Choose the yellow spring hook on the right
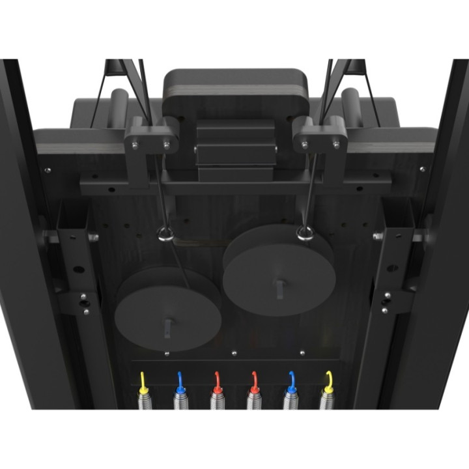pos(328,382)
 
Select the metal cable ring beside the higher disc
pos(304,233)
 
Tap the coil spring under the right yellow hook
pos(328,399)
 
